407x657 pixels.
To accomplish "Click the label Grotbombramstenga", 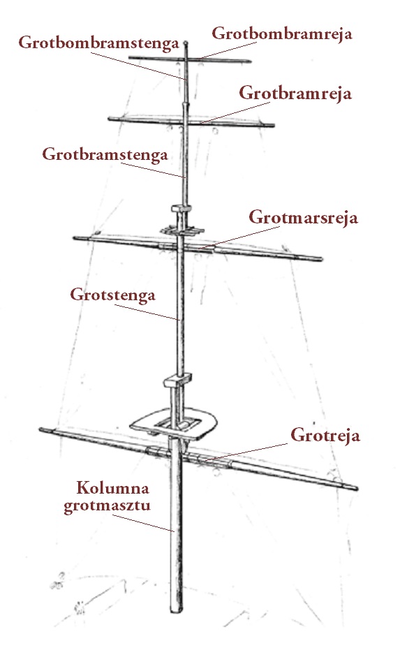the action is coord(99,43).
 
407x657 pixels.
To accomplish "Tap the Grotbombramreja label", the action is coord(281,34).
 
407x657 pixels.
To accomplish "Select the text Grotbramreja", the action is coord(295,94).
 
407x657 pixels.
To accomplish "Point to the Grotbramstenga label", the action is coord(105,154).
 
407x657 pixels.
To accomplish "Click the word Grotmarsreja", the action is coord(304,217).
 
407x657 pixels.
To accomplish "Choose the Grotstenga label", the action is coord(113,295).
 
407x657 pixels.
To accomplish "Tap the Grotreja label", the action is coord(325,436).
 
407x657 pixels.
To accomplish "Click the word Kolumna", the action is coord(113,488).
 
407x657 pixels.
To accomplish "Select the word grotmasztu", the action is coord(108,505).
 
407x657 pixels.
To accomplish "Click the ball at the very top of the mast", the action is coord(186,43).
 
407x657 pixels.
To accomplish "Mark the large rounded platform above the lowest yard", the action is coord(174,423).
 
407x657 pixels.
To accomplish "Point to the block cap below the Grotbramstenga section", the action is coord(181,209).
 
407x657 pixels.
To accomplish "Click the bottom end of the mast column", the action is coord(177,611).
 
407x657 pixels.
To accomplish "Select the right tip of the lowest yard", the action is coord(357,488).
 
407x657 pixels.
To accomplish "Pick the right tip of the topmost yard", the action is coord(251,61).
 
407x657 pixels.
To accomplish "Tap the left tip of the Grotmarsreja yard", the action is coord(75,238).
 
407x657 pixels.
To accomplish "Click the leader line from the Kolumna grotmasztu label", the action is coord(143,523).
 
